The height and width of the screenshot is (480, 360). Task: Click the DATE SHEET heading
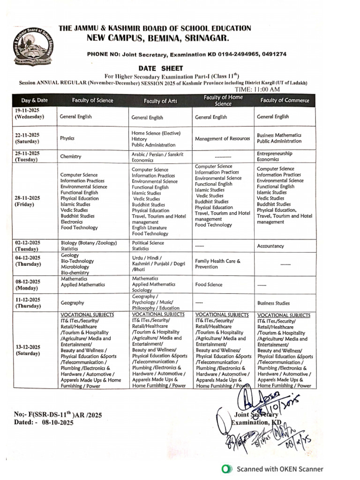[160, 68]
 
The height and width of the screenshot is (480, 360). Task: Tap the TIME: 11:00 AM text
[257, 90]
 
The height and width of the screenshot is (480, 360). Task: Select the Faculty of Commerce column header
[285, 100]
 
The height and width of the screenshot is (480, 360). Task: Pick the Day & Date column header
[34, 100]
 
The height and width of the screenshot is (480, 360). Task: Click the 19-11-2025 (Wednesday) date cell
[29, 113]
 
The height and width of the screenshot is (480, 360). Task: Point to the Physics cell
[67, 138]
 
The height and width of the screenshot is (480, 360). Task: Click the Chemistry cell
[71, 157]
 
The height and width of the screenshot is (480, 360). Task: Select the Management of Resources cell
[222, 139]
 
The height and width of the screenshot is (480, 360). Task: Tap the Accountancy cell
[270, 246]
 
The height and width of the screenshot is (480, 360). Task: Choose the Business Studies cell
[273, 303]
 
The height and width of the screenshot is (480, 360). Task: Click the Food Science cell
[209, 285]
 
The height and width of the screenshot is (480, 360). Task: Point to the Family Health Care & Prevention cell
[217, 264]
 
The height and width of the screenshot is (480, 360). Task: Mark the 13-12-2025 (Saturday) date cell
[28, 350]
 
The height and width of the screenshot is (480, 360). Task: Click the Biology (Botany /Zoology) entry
[88, 243]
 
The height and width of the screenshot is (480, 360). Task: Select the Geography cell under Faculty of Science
[72, 303]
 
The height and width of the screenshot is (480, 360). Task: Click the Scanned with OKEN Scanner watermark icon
[227, 469]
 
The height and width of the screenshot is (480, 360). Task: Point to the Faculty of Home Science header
[223, 100]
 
